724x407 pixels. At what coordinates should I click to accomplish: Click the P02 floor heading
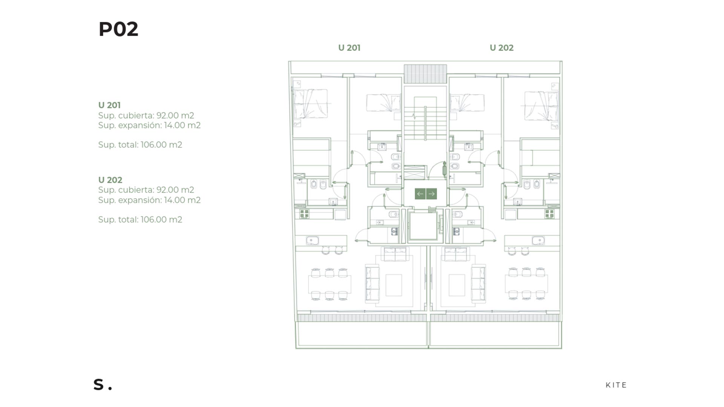[x=118, y=29]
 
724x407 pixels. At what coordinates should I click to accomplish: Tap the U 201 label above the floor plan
[x=349, y=48]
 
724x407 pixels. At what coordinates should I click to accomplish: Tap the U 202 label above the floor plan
[x=502, y=48]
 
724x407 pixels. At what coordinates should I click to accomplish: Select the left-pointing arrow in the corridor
[x=420, y=194]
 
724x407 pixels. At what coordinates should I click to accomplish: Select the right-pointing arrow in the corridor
[x=432, y=194]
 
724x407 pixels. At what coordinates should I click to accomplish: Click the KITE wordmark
[x=616, y=385]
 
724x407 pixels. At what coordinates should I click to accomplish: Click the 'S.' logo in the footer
[x=103, y=384]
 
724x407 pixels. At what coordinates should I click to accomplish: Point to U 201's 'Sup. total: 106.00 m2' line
[x=140, y=145]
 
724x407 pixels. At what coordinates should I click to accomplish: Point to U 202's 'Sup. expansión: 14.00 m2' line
[x=149, y=200]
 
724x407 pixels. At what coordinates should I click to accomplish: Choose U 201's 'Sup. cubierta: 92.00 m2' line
[x=146, y=115]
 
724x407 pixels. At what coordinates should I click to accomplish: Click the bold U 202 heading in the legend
[x=110, y=180]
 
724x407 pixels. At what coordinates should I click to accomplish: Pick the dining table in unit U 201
[x=330, y=284]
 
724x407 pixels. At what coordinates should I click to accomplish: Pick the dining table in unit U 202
[x=526, y=284]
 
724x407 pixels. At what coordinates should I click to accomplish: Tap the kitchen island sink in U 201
[x=313, y=240]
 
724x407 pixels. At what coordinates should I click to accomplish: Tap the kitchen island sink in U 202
[x=538, y=240]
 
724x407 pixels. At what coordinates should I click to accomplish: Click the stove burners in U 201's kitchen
[x=304, y=214]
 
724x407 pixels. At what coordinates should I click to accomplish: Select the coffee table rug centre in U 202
[x=457, y=285]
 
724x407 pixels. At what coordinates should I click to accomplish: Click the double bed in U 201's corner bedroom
[x=310, y=104]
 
